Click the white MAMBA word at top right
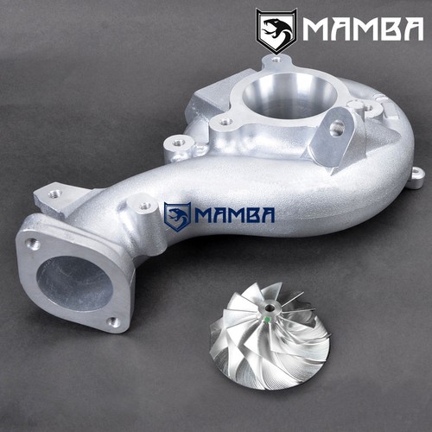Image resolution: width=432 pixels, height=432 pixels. (363, 29)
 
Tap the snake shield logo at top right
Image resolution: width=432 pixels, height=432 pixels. (276, 31)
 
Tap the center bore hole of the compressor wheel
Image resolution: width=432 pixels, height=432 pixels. (270, 308)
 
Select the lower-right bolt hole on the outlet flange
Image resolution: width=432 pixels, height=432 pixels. (114, 322)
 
